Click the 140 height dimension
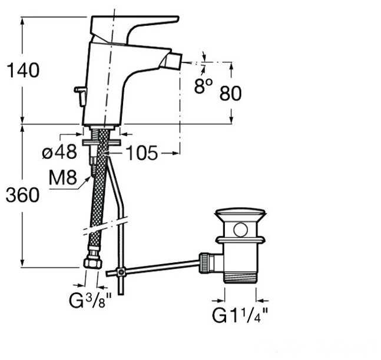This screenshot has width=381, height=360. tap(22, 71)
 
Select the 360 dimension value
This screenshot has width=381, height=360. tap(22, 195)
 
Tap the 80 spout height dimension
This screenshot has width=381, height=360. tap(230, 93)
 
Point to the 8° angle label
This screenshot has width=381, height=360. tap(203, 86)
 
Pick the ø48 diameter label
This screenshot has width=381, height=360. tap(59, 152)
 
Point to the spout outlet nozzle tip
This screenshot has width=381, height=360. tap(174, 61)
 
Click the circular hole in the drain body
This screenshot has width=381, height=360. tap(240, 229)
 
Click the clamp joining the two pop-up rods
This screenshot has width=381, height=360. tap(120, 272)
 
